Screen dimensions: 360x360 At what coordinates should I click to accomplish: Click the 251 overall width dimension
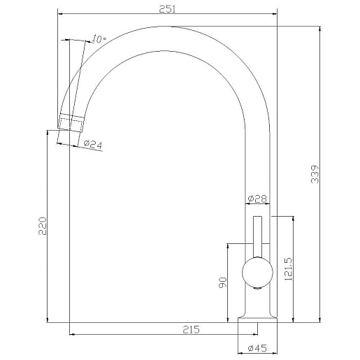(167, 9)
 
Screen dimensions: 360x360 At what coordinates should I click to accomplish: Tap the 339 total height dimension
(315, 174)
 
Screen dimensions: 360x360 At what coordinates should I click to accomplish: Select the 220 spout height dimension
(43, 226)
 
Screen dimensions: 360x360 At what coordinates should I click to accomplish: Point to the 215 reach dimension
(191, 329)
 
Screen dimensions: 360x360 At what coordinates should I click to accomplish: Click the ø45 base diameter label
(257, 348)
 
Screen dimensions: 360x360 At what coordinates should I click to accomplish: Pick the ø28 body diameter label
(257, 199)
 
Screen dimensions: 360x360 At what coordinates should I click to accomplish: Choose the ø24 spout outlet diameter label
(93, 145)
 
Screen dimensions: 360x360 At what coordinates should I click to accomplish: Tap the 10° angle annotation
(99, 38)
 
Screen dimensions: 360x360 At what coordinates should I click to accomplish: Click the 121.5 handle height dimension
(288, 268)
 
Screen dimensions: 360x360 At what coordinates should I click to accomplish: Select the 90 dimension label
(223, 282)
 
